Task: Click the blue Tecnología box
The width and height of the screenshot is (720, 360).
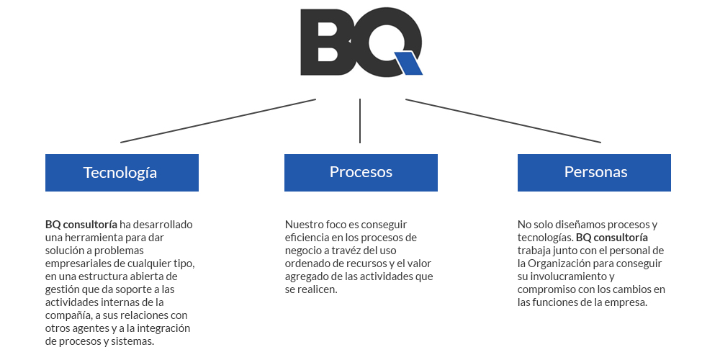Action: (x=122, y=173)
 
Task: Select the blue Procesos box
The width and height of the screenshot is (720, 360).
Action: (x=361, y=173)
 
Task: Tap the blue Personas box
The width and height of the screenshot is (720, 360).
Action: (x=594, y=173)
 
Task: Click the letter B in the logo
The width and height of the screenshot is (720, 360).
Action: (x=326, y=41)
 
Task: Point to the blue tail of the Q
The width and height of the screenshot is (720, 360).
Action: (x=408, y=63)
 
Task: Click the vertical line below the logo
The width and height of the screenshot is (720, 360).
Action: (x=360, y=121)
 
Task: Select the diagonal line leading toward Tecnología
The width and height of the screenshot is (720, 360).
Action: (x=218, y=121)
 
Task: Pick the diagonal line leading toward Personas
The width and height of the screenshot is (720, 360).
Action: (x=503, y=121)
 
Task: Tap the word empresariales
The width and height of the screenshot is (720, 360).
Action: (x=73, y=264)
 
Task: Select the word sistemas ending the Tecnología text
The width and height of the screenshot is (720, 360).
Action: (x=136, y=342)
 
